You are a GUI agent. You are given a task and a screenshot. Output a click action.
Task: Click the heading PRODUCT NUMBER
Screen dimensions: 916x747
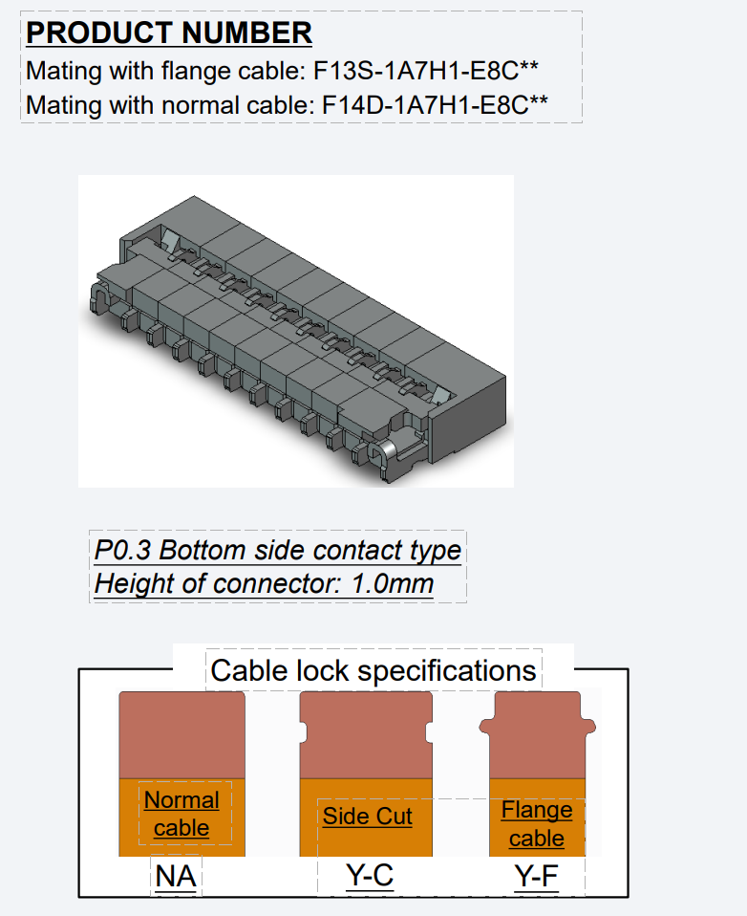click(x=169, y=33)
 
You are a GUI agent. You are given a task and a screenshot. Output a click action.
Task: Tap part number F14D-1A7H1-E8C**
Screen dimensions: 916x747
click(x=436, y=103)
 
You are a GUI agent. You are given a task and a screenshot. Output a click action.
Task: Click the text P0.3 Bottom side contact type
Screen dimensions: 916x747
click(x=277, y=551)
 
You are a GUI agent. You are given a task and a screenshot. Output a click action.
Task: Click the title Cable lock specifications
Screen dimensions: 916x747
click(x=373, y=670)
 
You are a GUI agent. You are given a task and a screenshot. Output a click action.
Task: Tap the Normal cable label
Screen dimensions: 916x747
click(x=181, y=814)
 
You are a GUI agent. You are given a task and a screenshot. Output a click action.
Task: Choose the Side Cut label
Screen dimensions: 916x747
click(x=368, y=817)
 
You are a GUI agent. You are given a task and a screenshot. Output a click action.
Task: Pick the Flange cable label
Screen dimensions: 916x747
click(x=537, y=824)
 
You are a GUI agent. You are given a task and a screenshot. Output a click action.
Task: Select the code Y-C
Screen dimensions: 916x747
click(x=369, y=876)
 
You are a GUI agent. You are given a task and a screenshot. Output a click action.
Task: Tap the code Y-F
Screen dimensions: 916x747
click(x=536, y=876)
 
